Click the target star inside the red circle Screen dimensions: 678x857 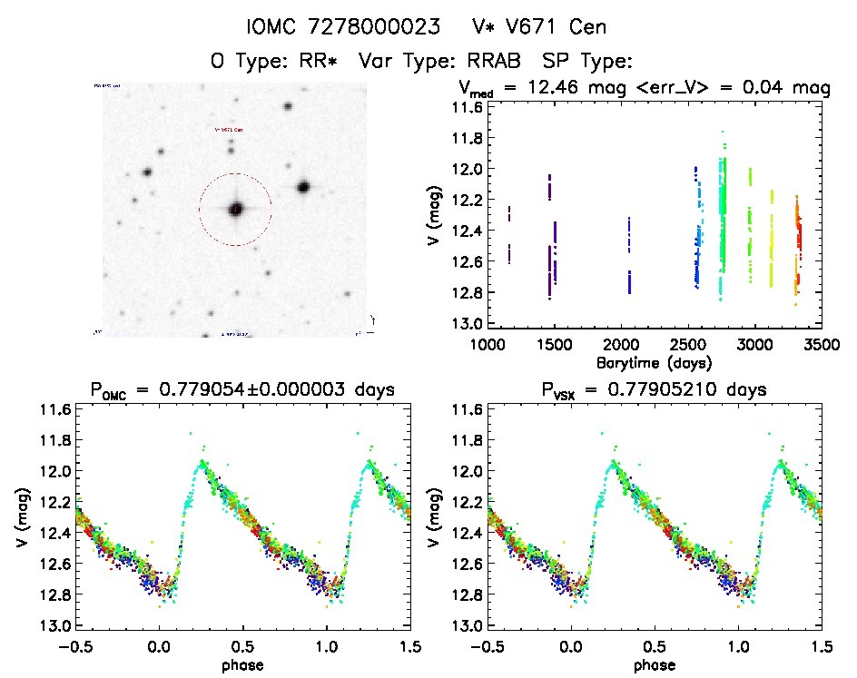(x=236, y=209)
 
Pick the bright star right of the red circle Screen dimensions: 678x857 (x=303, y=187)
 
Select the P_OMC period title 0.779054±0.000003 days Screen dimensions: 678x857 (x=244, y=390)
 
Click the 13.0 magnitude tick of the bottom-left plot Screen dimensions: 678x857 (x=52, y=626)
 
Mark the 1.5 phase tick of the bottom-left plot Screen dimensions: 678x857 (x=409, y=645)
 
